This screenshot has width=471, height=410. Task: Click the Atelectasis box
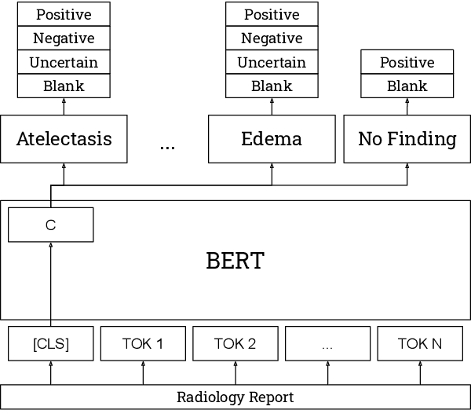[64, 139]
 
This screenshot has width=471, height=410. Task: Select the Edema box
[272, 139]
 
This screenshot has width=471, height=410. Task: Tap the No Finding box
[407, 139]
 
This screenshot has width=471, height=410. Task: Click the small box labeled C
[51, 225]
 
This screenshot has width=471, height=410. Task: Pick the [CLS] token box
[51, 343]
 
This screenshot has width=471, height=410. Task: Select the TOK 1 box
[143, 343]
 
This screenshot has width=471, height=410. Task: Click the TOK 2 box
[235, 343]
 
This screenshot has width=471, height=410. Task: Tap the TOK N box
[420, 343]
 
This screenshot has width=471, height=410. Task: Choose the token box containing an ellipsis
[327, 343]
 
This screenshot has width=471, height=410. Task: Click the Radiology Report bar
[235, 397]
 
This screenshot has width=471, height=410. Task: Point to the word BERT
[235, 261]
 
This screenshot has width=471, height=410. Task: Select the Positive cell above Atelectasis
[64, 15]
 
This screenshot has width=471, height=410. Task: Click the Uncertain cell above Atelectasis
[64, 62]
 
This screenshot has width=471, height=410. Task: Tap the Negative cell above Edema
[272, 38]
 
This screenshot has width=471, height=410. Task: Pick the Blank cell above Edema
[272, 86]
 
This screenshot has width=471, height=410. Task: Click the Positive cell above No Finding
[407, 62]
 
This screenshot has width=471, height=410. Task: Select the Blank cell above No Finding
[407, 86]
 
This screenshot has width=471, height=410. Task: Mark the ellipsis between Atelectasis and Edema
[167, 145]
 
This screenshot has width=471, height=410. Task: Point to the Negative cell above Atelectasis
[64, 38]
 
